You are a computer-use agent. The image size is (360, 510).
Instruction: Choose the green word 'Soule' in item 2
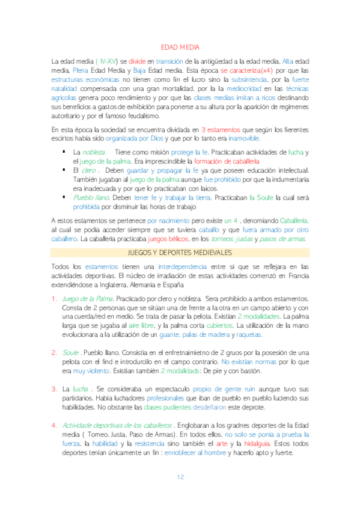tap(71, 352)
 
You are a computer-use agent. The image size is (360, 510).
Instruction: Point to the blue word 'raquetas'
tap(248, 334)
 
